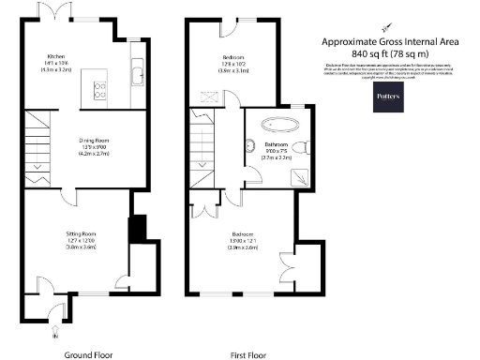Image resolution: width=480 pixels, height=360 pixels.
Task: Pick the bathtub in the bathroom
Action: [278, 124]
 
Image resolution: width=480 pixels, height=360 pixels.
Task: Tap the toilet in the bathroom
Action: [298, 147]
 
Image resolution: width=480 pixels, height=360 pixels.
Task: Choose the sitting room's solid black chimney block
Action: [139, 228]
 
